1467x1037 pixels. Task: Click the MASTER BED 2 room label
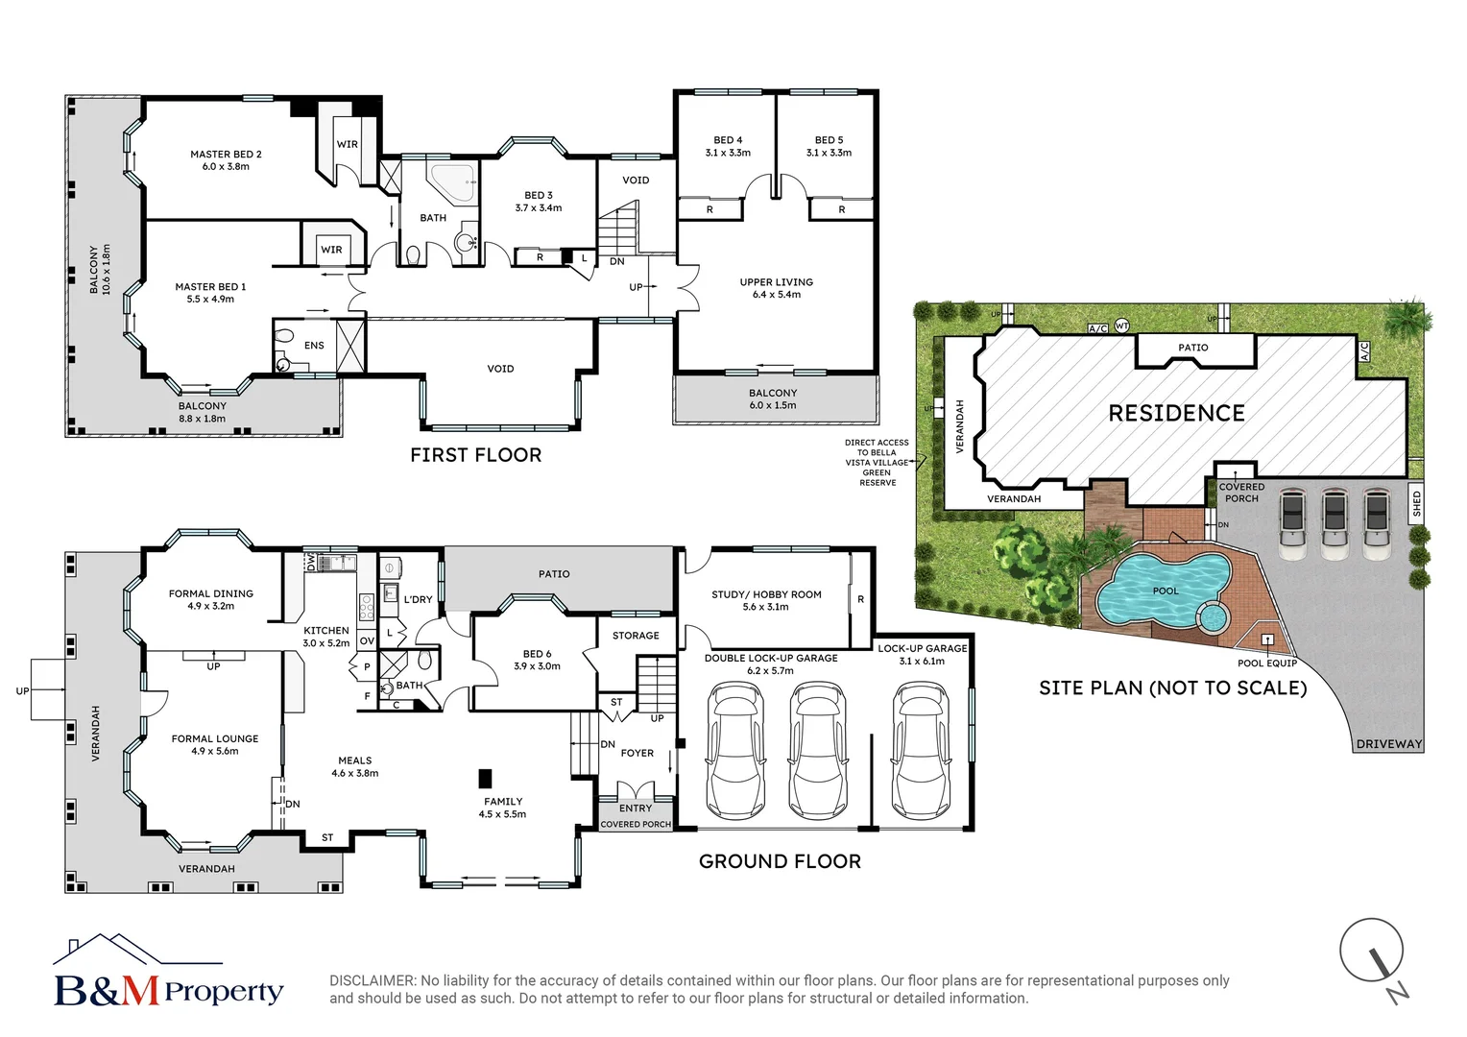tap(226, 155)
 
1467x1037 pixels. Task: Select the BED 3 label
tap(539, 195)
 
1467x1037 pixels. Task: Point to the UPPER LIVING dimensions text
tap(776, 295)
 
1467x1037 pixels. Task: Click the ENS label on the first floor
tap(314, 346)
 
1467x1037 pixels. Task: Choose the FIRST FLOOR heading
tap(475, 455)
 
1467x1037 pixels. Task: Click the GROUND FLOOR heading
tap(780, 861)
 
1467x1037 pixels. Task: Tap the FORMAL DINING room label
tap(211, 593)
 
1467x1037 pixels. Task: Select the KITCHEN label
tap(326, 631)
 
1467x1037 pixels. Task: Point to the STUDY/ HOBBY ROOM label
tap(766, 594)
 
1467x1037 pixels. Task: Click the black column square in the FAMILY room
tap(485, 778)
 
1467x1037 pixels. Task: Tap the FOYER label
tap(637, 753)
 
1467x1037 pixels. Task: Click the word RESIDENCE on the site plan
tap(1176, 413)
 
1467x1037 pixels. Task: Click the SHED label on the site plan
tap(1416, 503)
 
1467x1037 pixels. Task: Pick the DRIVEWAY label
tap(1388, 744)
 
